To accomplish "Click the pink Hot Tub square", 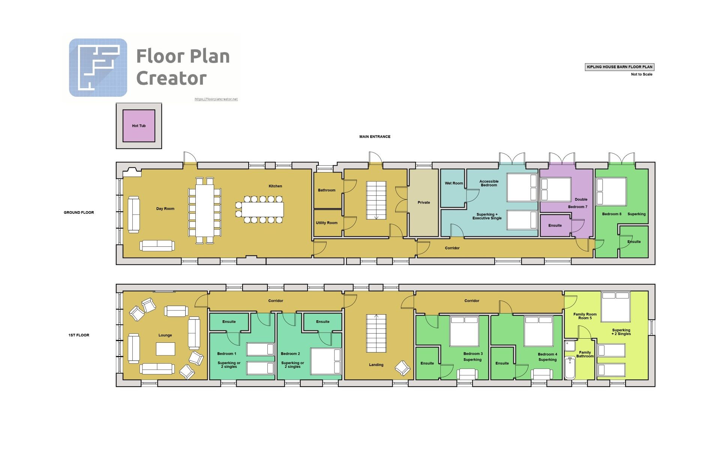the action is (139, 126).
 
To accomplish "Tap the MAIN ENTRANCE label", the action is (375, 137).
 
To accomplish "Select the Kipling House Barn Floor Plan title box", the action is (619, 67).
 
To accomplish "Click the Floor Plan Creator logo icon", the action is (98, 67).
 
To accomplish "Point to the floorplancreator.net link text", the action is (216, 99).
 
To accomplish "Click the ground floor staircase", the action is (376, 200).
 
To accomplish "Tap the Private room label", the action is (424, 202).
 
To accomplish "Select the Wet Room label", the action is (454, 183).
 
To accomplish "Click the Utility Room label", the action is (327, 223).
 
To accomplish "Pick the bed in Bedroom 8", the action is (611, 192).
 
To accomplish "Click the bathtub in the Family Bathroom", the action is (570, 368).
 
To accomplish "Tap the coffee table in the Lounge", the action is (165, 349).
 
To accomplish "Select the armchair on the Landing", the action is (403, 368).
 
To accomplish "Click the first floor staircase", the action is (376, 333).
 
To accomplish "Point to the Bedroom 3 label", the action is (473, 354).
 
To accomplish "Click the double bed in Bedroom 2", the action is (326, 361).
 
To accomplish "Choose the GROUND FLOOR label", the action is (79, 213).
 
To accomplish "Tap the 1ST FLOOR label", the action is (79, 335).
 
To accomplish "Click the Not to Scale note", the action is (642, 74).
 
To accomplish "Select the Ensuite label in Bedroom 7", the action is (555, 226).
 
